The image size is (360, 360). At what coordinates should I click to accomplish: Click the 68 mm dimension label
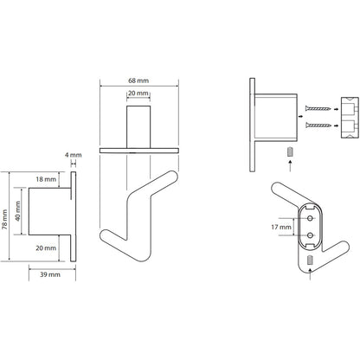click(x=138, y=80)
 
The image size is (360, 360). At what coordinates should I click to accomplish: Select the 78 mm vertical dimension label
click(x=4, y=220)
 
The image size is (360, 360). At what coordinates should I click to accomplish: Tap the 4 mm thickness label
click(x=73, y=155)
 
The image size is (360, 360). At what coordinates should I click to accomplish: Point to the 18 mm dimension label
click(x=46, y=179)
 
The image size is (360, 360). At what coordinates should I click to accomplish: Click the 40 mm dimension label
click(x=18, y=211)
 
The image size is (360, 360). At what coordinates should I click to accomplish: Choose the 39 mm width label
click(x=50, y=274)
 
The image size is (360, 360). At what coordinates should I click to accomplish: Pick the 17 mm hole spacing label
click(x=281, y=228)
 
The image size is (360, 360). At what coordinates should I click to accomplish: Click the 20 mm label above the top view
click(x=138, y=93)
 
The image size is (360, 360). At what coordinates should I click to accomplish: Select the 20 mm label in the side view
click(x=46, y=247)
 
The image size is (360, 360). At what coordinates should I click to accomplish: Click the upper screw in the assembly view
click(x=318, y=109)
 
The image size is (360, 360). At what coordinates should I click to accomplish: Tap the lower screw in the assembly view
click(x=318, y=125)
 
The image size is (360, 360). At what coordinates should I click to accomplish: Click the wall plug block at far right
click(x=350, y=118)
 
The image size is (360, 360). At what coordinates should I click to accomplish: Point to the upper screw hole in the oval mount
click(x=310, y=219)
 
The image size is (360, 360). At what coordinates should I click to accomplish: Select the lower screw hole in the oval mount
click(x=310, y=235)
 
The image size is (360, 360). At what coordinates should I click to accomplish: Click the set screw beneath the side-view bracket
click(x=290, y=151)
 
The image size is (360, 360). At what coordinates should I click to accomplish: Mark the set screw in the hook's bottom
click(x=310, y=260)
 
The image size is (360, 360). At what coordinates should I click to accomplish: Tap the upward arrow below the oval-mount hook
click(x=310, y=274)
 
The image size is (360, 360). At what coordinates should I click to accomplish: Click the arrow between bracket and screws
click(x=300, y=116)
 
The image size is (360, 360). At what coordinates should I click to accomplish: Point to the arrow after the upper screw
click(x=336, y=109)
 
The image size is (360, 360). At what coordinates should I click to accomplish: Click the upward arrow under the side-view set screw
click(x=290, y=166)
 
